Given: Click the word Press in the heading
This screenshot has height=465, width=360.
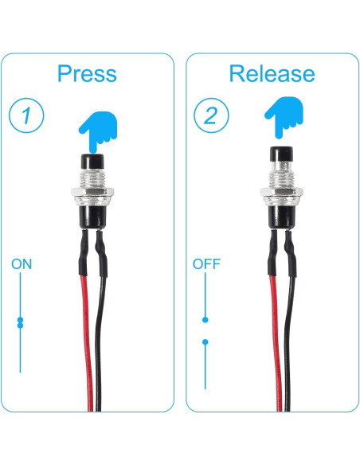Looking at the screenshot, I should point(87,74).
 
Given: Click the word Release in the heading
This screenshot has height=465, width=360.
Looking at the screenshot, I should point(272,73).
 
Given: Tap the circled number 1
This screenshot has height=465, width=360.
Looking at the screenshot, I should point(27,116).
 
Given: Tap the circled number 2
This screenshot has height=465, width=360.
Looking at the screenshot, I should point(211,116).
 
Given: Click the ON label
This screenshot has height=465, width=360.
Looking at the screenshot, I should point(22,264).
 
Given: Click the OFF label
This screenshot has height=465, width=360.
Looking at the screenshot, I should point(206,264).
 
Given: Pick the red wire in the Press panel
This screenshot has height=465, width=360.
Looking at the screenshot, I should point(84,334).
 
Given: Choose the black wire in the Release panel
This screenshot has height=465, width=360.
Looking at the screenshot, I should point(288,334).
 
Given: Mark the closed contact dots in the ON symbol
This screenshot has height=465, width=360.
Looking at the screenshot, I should point(21,322).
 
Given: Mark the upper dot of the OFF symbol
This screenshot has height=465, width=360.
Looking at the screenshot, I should point(205,319).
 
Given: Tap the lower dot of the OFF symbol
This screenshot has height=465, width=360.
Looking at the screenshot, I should point(205,342).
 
